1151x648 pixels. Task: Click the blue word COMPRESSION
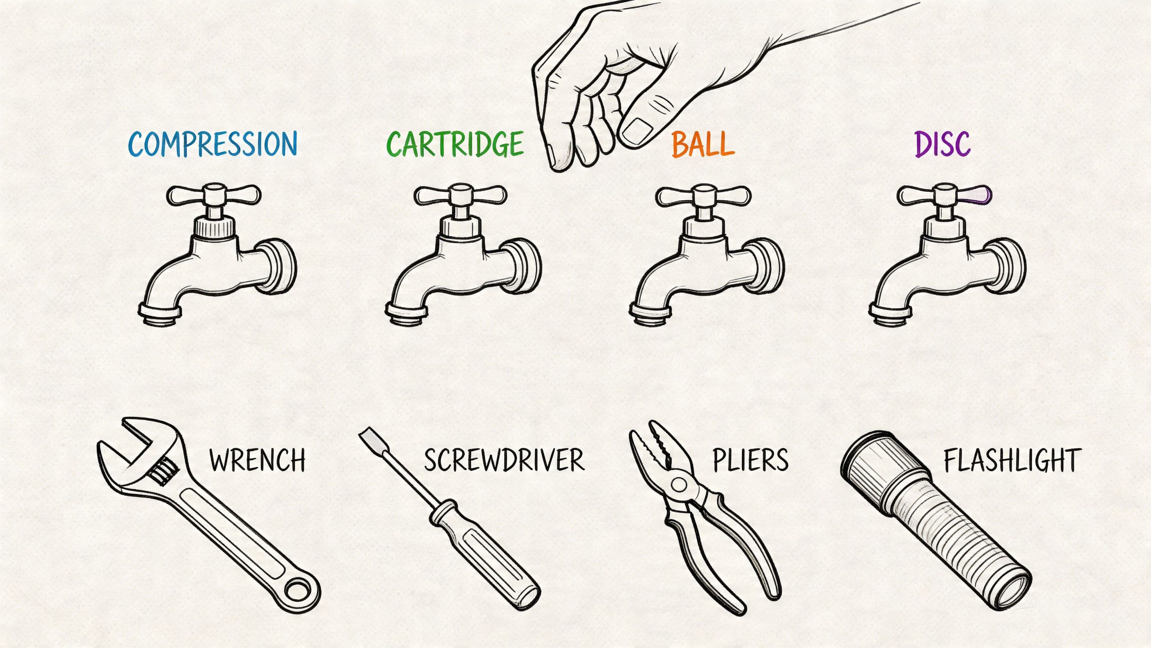(x=213, y=144)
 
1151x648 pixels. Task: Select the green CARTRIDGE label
(x=455, y=144)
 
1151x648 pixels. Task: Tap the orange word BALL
(x=703, y=144)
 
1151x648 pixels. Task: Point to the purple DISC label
(x=943, y=144)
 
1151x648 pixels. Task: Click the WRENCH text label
(x=257, y=460)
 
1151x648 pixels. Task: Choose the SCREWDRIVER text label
(x=504, y=460)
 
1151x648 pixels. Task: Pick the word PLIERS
(x=750, y=460)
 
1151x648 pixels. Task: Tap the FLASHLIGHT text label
(x=1012, y=460)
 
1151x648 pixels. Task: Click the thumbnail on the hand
(x=637, y=131)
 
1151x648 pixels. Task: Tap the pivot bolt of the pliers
(x=678, y=485)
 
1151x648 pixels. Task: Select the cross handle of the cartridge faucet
(x=460, y=195)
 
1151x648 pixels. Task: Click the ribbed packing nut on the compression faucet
(x=214, y=226)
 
